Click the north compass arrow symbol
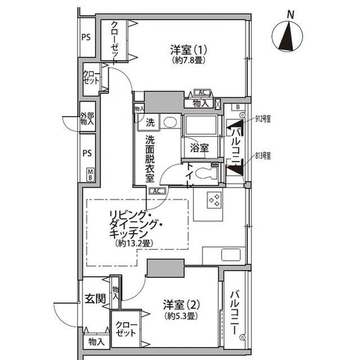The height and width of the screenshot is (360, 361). click(x=287, y=37)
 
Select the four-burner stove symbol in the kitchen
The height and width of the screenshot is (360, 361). click(x=214, y=200)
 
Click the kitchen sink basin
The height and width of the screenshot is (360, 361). click(x=231, y=255)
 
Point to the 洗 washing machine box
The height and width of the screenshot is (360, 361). click(x=150, y=122)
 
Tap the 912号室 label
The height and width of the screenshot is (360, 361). click(x=263, y=119)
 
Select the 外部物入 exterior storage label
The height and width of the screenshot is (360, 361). click(x=87, y=119)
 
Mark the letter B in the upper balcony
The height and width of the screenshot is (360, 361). click(x=238, y=108)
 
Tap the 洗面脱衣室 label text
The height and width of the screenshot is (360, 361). click(x=150, y=157)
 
